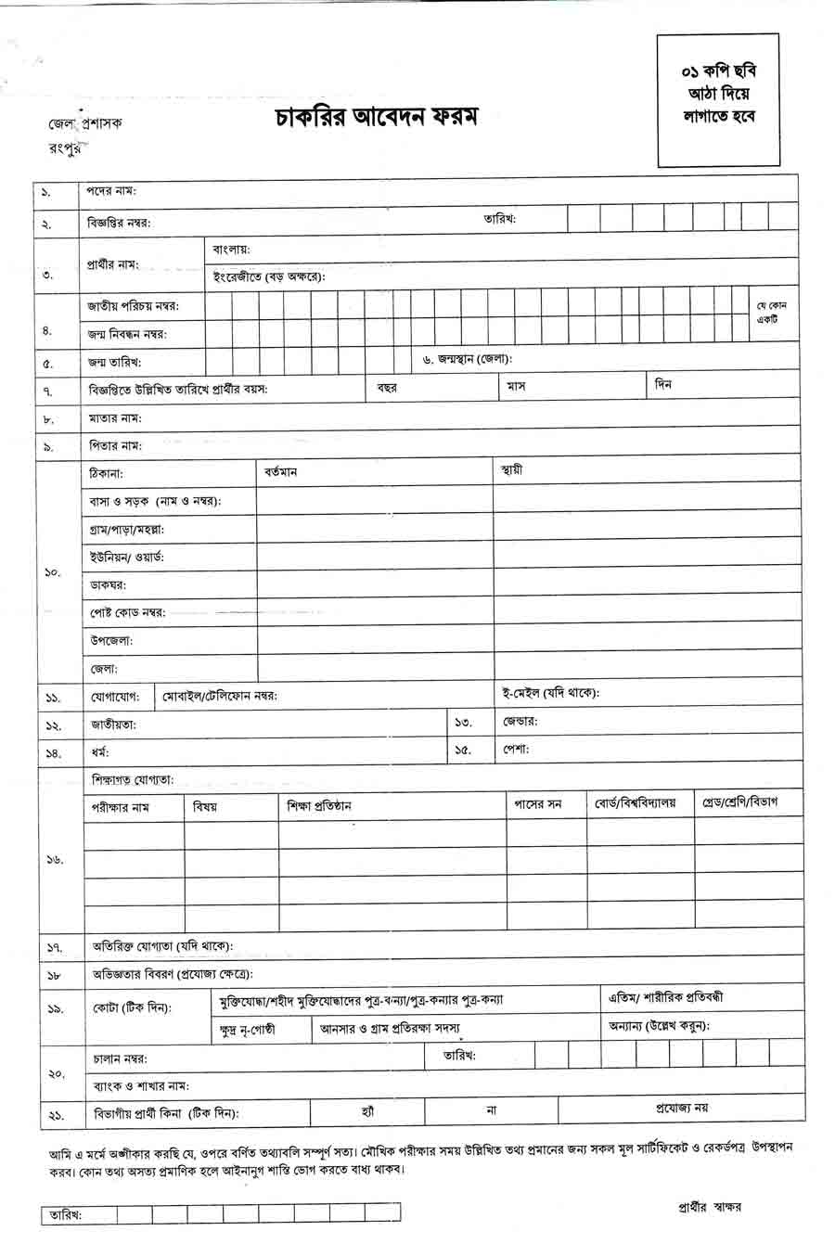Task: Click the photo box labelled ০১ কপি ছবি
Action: pos(717,98)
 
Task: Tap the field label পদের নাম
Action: pos(112,191)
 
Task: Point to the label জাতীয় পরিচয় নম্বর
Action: pos(134,305)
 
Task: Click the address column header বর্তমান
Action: pos(280,472)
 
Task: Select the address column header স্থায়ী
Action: pos(511,470)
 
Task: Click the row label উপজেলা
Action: pos(110,640)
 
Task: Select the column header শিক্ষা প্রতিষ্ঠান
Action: pos(319,806)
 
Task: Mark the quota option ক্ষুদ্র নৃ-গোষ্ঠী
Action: pos(248,1029)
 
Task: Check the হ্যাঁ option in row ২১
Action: pos(367,1109)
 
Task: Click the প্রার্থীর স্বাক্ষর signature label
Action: pos(710,1207)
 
